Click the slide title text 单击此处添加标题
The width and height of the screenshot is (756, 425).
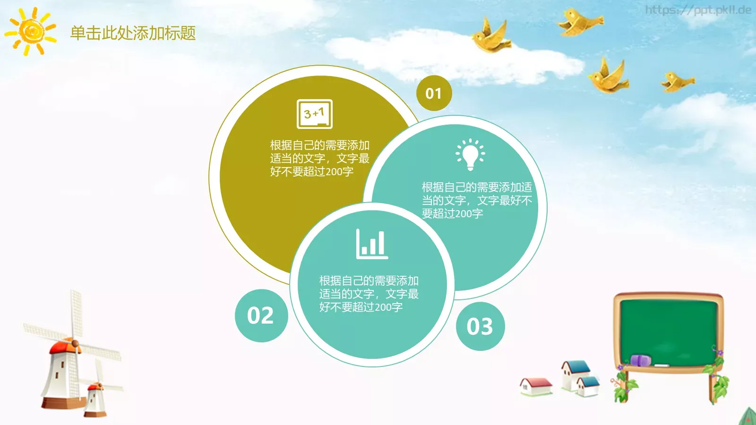133,33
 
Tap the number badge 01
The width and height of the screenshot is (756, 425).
434,93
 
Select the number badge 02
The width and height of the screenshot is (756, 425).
261,315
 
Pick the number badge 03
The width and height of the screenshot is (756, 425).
480,326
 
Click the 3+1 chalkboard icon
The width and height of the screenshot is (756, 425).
315,114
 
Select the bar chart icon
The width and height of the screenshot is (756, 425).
372,244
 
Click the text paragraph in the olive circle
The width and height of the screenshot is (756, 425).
319,158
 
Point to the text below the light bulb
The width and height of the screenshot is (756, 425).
476,200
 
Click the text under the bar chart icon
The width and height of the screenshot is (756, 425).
369,294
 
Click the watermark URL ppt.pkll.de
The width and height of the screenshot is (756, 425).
698,10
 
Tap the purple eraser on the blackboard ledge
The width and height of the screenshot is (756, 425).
641,361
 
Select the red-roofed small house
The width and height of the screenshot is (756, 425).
536,386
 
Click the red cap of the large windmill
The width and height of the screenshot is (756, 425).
65,348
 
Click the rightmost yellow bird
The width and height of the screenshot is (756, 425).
678,81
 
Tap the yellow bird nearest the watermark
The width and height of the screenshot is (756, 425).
580,22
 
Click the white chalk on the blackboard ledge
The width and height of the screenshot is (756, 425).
661,365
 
